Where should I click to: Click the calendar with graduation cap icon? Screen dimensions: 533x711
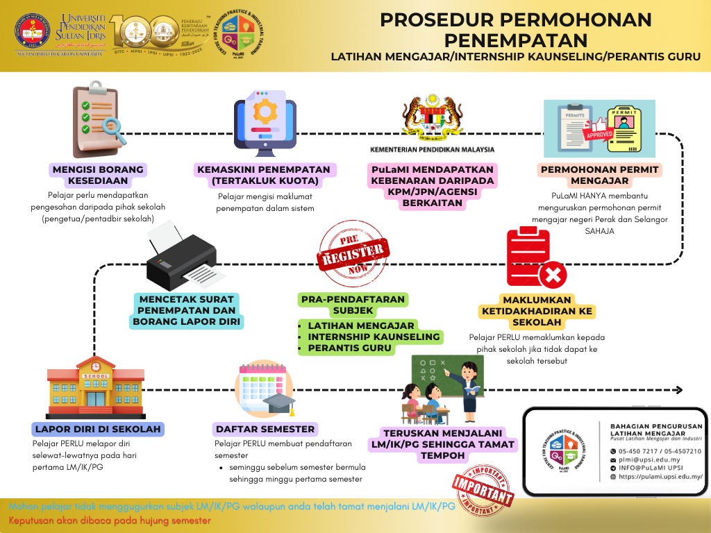265,392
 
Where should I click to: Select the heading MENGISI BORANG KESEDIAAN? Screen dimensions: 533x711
97,175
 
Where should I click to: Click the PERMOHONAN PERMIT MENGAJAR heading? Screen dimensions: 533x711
599,175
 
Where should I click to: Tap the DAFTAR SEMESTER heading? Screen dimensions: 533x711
265,429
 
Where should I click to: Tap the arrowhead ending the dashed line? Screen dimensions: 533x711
679,390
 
